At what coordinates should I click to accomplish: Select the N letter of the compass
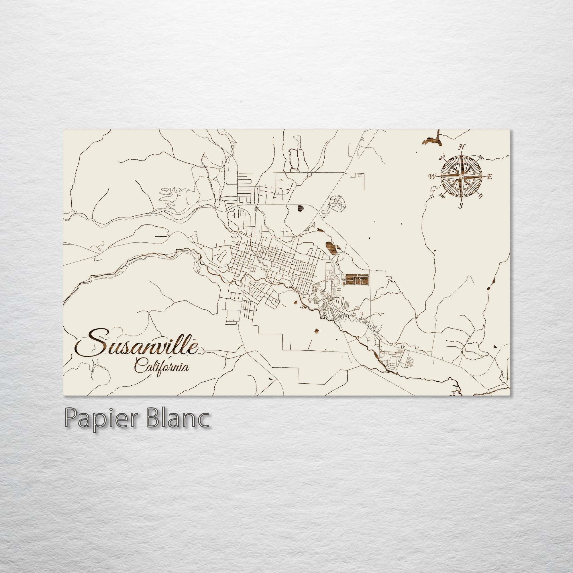(x=461, y=147)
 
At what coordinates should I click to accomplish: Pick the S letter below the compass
(x=461, y=206)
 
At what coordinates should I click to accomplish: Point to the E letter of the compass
(x=490, y=177)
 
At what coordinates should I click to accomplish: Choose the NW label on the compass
(x=442, y=158)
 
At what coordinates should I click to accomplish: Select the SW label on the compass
(x=442, y=195)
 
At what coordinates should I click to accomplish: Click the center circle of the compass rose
(x=461, y=176)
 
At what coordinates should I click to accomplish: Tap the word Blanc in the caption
(x=177, y=418)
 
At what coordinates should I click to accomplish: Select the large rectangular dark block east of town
(x=356, y=279)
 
